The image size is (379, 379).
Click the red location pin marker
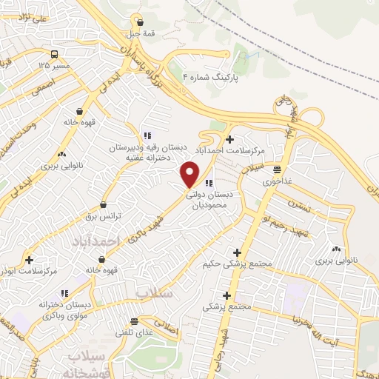tap(190, 174)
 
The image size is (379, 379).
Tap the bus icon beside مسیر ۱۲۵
tap(55, 54)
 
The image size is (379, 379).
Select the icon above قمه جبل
tap(139, 21)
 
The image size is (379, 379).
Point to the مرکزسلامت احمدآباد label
tap(238, 151)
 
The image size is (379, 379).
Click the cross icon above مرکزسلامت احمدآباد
tap(231, 139)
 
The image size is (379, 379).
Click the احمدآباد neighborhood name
tap(96, 242)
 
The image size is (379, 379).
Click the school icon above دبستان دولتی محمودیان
tap(209, 183)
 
